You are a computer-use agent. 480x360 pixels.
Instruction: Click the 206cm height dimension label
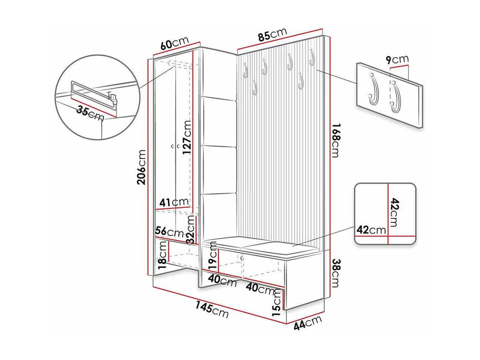pos(141,167)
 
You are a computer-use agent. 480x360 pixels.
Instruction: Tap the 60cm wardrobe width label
pos(175,43)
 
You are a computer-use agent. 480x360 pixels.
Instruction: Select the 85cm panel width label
pos(273,35)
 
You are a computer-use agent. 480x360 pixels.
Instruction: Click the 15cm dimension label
pos(277,302)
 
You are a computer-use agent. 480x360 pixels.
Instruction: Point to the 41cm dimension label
pos(174,203)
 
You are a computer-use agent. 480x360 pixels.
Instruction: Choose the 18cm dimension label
pos(162,254)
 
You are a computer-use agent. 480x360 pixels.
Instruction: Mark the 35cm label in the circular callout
pos(90,113)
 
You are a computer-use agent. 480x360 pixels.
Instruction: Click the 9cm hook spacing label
pos(397,59)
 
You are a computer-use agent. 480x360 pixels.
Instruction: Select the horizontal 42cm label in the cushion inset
pos(371,230)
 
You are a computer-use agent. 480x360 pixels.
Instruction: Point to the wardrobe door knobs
pos(175,147)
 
